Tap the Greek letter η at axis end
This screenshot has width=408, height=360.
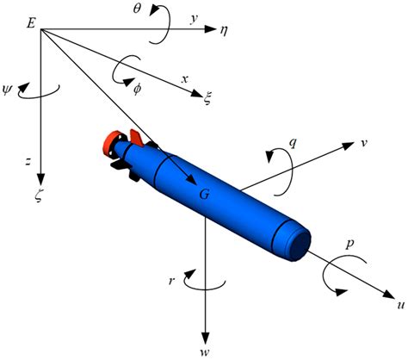(x=223, y=29)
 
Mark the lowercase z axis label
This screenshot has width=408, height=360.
(x=28, y=161)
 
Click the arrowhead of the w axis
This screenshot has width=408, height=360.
(x=207, y=334)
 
